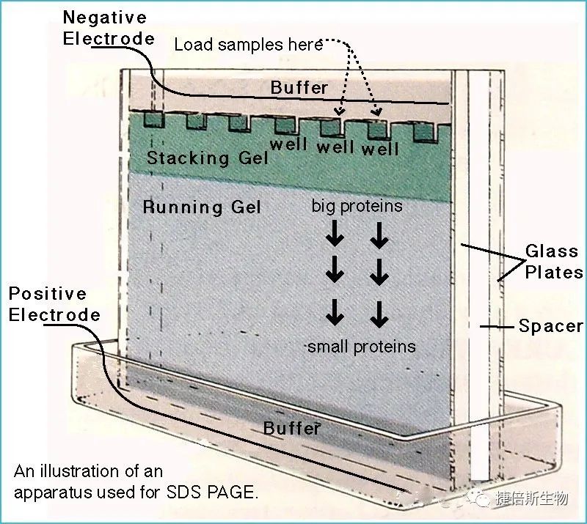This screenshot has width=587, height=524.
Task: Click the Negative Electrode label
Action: coord(104,27)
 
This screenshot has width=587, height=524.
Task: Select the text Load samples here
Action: coord(248,45)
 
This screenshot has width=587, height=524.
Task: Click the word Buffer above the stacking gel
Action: coord(299,88)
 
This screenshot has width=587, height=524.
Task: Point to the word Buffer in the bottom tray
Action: coord(292,428)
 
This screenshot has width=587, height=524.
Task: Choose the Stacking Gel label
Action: coord(197,157)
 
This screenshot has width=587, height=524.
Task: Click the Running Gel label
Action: coord(202,207)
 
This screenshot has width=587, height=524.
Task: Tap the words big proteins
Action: coord(357,206)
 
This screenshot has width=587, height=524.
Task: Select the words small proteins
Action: coord(361,347)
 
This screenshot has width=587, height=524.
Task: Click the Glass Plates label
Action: coord(553,262)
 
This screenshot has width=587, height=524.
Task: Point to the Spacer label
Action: coord(550,326)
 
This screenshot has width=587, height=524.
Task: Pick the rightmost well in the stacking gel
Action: coord(425,130)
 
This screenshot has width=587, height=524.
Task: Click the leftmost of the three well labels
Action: coord(288,144)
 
